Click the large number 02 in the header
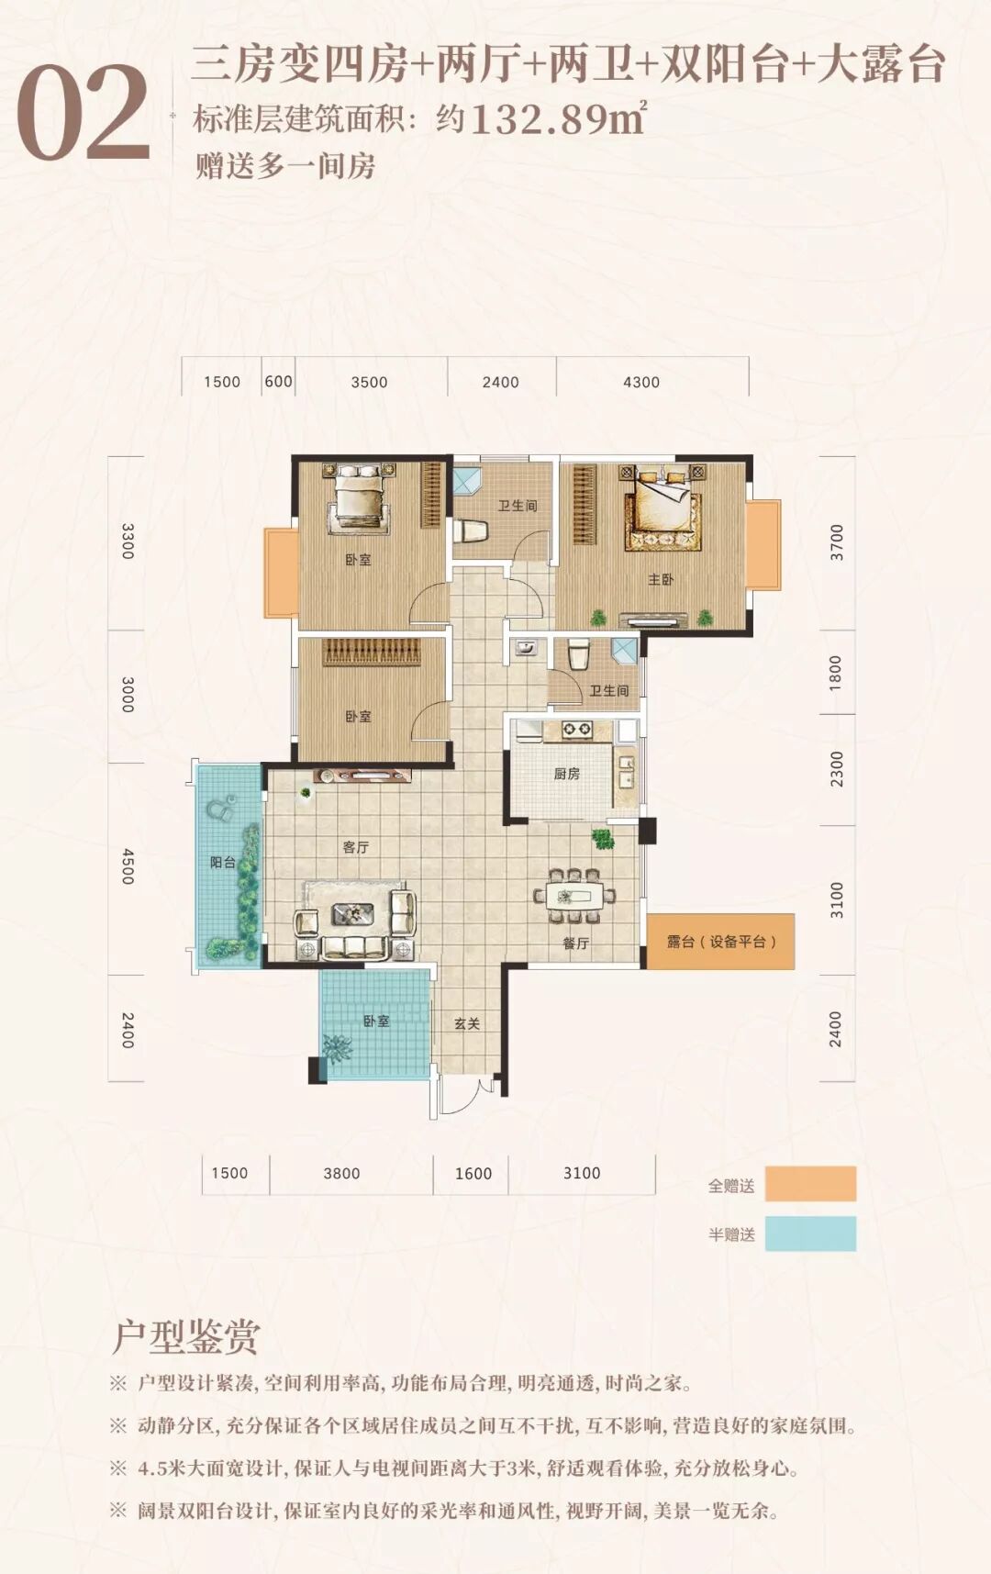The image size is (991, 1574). coord(84,114)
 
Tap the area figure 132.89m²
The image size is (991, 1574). coord(558,119)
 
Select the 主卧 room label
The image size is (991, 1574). coord(661,580)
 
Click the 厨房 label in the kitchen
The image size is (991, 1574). coord(567,774)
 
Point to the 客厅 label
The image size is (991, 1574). coord(355,847)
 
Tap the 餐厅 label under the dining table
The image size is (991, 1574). coord(575,943)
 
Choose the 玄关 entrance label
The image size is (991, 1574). coord(467,1023)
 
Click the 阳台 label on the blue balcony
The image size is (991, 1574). coord(223,862)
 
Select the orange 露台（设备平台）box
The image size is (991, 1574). coord(720,942)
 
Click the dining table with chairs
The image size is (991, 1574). coord(574,895)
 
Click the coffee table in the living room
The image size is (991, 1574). coord(353,912)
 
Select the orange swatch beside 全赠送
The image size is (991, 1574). coord(810,1184)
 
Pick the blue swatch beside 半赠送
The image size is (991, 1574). coord(810,1234)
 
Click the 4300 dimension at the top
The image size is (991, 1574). coord(641,382)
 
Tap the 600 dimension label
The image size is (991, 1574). coord(278,382)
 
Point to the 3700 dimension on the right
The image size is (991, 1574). coord(836,542)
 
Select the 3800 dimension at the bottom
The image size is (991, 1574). coord(341,1173)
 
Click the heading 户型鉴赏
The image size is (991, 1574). coord(185,1338)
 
